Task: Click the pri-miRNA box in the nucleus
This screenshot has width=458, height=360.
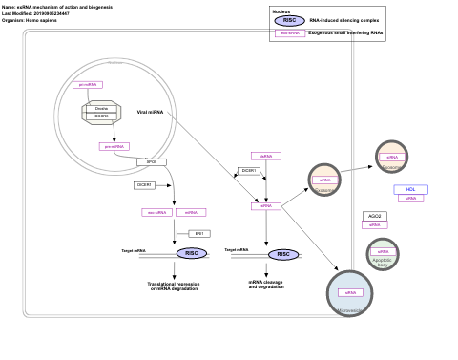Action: click(x=87, y=85)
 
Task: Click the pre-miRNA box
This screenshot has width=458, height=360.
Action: click(x=114, y=146)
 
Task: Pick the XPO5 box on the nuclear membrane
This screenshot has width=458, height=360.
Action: click(x=151, y=162)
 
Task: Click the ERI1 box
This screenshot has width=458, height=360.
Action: click(x=199, y=233)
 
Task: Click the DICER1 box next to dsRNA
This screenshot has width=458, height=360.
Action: click(x=250, y=171)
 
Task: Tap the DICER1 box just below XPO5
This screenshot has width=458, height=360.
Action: click(x=144, y=185)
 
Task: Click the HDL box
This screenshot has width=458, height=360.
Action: click(x=410, y=189)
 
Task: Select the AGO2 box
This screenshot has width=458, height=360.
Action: click(x=375, y=216)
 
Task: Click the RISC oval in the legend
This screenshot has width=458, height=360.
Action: click(x=288, y=20)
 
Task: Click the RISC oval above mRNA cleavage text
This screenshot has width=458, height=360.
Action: click(x=282, y=254)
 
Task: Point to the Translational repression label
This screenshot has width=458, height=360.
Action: click(x=174, y=286)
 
